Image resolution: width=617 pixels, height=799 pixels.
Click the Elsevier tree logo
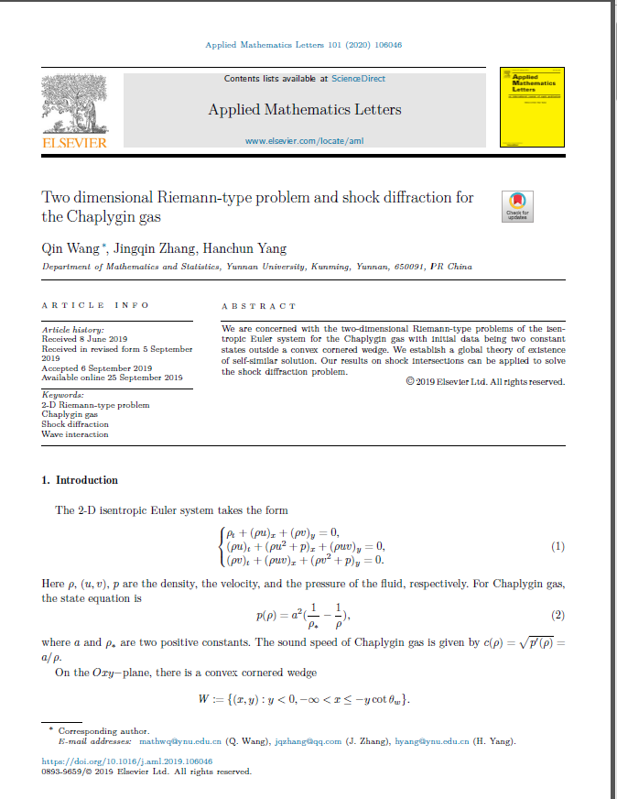tap(74, 105)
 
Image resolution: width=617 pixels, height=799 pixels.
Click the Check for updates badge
tap(517, 206)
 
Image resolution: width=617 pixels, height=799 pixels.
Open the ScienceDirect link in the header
tap(358, 79)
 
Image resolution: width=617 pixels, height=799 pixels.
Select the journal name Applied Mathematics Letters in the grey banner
tap(304, 110)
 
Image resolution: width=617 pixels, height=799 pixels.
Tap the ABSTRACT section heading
tap(259, 306)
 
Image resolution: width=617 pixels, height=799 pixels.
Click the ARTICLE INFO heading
tap(95, 304)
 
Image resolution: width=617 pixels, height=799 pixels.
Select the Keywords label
tap(62, 394)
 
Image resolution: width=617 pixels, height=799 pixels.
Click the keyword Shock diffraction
tap(75, 424)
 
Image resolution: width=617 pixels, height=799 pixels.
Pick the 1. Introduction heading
tap(81, 480)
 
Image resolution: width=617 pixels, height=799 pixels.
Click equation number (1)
tap(558, 547)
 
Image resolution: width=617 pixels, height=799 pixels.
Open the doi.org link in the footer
tap(127, 761)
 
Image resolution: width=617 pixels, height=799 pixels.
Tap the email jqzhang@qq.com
tap(308, 741)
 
